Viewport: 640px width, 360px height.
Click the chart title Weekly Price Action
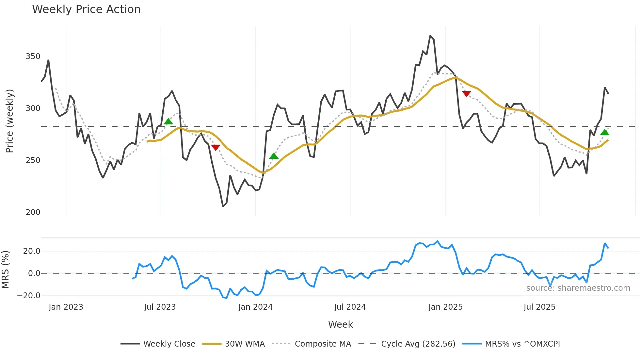[86, 9]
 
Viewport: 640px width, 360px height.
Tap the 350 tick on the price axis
[33, 57]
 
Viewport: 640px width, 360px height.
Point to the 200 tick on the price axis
[33, 212]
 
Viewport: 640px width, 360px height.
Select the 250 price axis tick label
[33, 160]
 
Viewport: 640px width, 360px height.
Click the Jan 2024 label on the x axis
[255, 307]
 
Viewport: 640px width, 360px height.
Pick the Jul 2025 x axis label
[539, 307]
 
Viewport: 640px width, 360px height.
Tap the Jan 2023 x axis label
[66, 307]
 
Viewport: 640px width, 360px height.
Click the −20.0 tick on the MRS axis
[29, 296]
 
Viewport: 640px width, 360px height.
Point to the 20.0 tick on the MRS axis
[32, 251]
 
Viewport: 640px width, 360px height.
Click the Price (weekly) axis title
[10, 121]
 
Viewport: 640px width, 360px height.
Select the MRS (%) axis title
[5, 270]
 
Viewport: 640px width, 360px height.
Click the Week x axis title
[340, 324]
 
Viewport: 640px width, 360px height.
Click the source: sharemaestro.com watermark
[578, 288]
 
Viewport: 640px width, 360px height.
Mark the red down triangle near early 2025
[467, 94]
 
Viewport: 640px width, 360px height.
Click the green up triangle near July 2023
[168, 122]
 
